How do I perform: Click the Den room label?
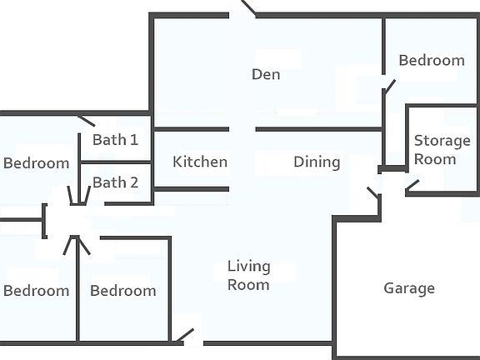266,74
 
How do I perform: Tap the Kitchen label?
200,162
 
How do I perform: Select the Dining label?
317,162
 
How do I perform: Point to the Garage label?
409,288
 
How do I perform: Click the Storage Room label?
442,150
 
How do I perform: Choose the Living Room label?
249,276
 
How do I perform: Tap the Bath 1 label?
115,140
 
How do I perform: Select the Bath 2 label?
115,182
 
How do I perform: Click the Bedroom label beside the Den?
432,60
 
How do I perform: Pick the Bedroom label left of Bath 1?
36,163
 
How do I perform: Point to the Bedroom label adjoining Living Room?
123,291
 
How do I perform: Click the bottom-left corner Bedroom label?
36,291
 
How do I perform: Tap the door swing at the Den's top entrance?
249,7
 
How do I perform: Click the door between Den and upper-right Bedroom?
389,87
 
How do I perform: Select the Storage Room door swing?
412,185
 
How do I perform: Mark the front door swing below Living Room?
185,336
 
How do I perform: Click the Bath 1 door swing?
87,121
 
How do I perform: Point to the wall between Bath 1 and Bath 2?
116,162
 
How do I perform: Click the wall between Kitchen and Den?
192,129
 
